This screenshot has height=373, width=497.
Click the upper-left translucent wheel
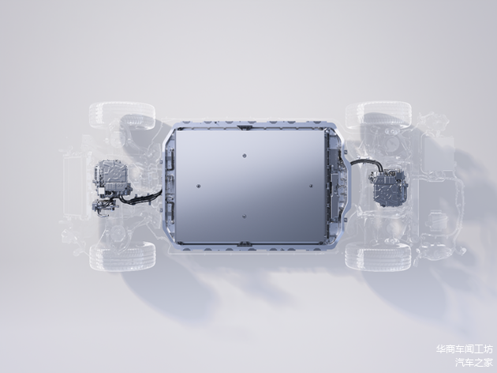122,115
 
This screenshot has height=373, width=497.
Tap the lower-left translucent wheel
122,257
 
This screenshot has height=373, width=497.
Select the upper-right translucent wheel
378,115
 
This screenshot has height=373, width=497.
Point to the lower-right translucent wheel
378,257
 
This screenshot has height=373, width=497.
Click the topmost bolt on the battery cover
244,156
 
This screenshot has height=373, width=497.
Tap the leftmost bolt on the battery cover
199,186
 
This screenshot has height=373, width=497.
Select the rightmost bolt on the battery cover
311,186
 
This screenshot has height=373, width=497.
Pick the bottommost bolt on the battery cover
244,217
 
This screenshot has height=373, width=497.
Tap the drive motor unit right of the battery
388,188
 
